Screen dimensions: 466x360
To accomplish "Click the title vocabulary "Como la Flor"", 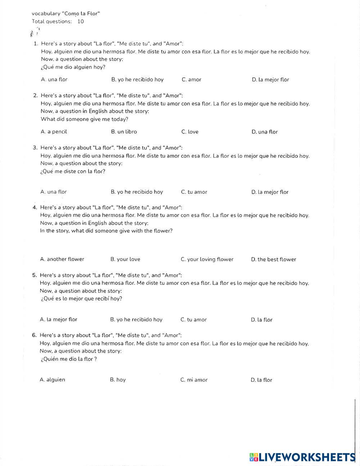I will pyautogui.click(x=66, y=14).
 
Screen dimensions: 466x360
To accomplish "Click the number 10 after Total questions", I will pyautogui.click(x=81, y=21).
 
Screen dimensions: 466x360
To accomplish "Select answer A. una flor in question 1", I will pyautogui.click(x=54, y=80).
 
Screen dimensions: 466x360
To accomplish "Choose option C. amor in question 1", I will pyautogui.click(x=192, y=80).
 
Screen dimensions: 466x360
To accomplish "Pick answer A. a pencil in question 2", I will pyautogui.click(x=54, y=132).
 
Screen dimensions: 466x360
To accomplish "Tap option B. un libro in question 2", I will pyautogui.click(x=124, y=132).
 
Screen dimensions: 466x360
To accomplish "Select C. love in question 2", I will pyautogui.click(x=190, y=132).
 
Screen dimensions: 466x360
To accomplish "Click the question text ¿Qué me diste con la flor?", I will pyautogui.click(x=73, y=171).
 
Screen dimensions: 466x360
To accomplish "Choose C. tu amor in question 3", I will pyautogui.click(x=194, y=192).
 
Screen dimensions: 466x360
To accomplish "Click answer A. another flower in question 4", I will pyautogui.click(x=62, y=259).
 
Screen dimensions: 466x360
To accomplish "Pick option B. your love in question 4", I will pyautogui.click(x=125, y=259).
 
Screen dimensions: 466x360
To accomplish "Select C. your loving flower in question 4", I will pyautogui.click(x=207, y=259).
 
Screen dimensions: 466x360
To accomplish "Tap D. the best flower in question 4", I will pyautogui.click(x=274, y=259).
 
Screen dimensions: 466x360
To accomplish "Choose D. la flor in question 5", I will pyautogui.click(x=262, y=320).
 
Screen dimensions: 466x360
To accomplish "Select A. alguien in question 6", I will pyautogui.click(x=52, y=380).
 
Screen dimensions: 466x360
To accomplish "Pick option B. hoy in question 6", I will pyautogui.click(x=118, y=380).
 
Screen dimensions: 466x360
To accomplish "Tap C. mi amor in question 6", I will pyautogui.click(x=194, y=380).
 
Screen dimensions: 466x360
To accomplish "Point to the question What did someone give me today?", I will pyautogui.click(x=85, y=119).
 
